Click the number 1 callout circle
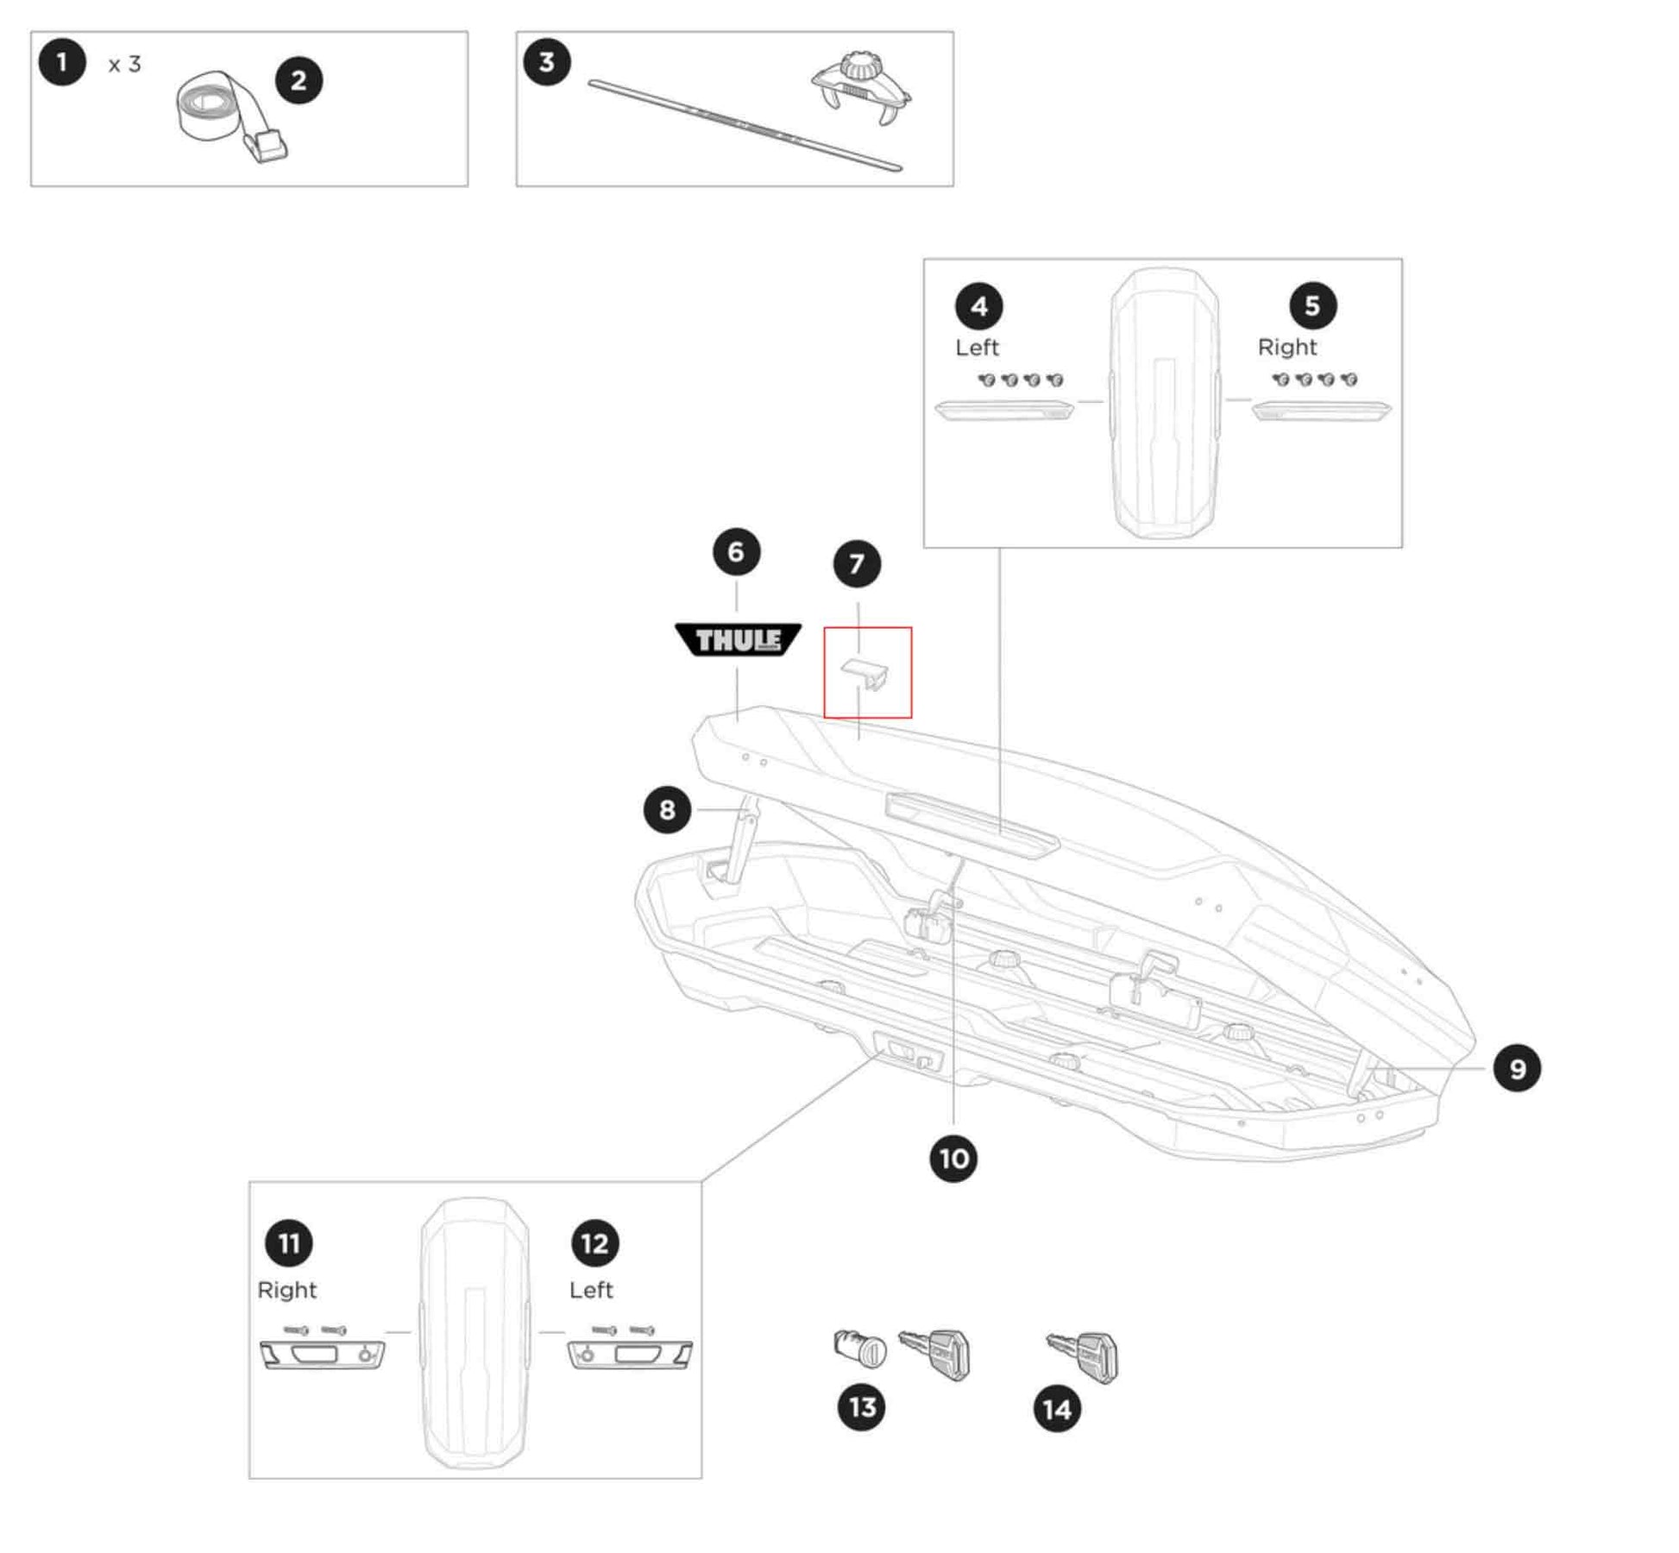[x=62, y=62]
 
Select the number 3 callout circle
[x=546, y=62]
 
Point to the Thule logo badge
[x=738, y=639]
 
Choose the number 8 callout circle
[x=667, y=810]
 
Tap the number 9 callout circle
[x=1517, y=1069]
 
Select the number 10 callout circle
[x=953, y=1158]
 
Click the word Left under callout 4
[x=977, y=347]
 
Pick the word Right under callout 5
[x=1286, y=347]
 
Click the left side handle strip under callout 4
[x=1004, y=410]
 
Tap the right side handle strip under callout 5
[x=1321, y=410]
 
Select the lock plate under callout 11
[x=323, y=1355]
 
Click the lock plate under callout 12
[x=630, y=1355]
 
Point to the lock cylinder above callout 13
[x=860, y=1347]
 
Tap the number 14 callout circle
[x=1057, y=1409]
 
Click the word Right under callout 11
[x=287, y=1290]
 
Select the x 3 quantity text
[x=124, y=65]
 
